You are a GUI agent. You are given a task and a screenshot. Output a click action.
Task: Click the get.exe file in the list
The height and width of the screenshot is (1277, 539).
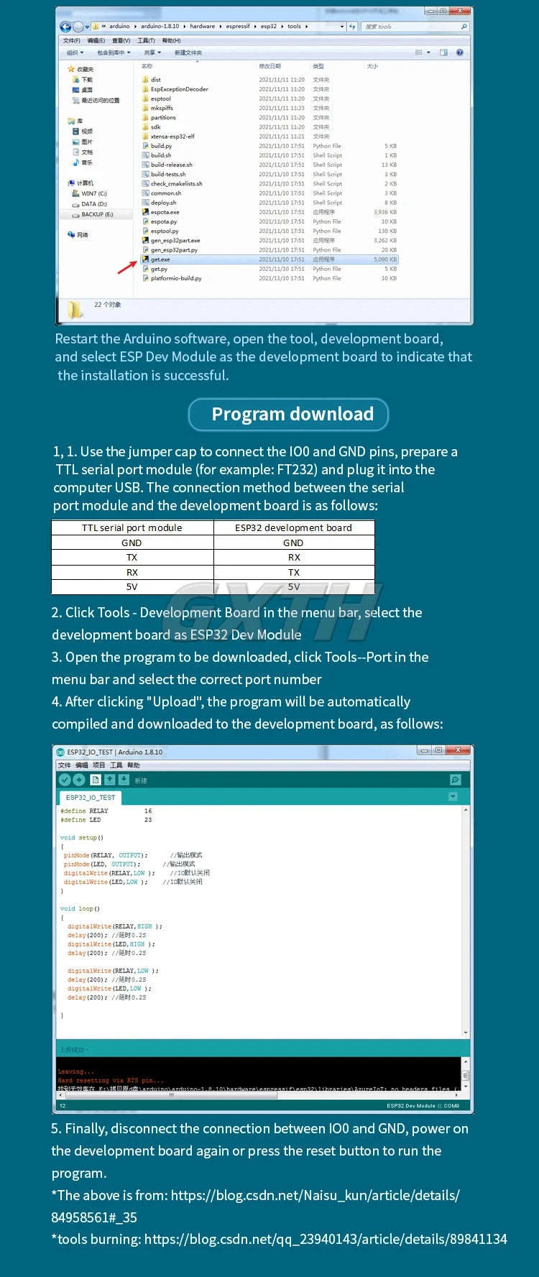coord(160,259)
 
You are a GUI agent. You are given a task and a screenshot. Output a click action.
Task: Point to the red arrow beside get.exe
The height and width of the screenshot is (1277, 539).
coord(127,267)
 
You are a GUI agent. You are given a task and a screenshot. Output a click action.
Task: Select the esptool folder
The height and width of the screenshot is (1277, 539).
coord(160,98)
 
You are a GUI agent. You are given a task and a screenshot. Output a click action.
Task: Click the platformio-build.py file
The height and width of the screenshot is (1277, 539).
coord(175,278)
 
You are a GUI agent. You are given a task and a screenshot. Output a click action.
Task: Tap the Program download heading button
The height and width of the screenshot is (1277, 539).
coord(288,414)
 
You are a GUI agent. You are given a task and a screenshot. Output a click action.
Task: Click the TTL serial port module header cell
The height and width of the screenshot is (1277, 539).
coord(132,527)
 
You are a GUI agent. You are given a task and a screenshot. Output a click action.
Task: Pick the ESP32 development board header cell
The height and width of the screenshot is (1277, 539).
coord(293,527)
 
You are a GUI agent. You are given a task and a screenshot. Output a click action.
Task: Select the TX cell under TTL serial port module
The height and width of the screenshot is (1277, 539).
coord(132,558)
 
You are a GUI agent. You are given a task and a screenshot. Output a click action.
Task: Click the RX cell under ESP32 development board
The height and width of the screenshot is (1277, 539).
coord(294,558)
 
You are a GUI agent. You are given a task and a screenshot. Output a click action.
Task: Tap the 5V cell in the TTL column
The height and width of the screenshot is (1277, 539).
coord(132,587)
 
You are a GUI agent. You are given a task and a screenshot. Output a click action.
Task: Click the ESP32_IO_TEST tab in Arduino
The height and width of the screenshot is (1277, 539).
coord(91,797)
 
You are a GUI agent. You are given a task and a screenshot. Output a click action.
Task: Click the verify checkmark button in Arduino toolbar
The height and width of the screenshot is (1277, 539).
coord(65,780)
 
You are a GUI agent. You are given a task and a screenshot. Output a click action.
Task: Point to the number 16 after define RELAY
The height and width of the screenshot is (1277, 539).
coord(148,811)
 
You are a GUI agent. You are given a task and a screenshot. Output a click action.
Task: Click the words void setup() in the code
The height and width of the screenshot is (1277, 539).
coord(81,837)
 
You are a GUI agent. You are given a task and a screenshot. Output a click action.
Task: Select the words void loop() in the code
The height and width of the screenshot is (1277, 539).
coord(80,908)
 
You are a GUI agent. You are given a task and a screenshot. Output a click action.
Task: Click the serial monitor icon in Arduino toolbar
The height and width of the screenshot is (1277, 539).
coord(455,780)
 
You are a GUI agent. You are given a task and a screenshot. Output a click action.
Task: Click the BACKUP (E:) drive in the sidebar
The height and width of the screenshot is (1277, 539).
coord(96,214)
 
